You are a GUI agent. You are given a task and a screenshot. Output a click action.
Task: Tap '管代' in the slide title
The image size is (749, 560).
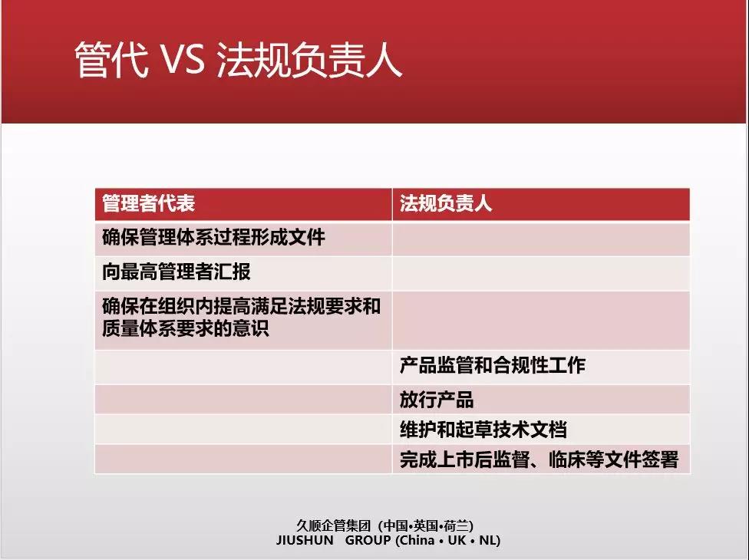[111, 60]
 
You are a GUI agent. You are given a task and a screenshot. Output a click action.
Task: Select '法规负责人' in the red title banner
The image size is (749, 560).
[309, 60]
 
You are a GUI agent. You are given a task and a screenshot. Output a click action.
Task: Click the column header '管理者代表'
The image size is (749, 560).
[149, 203]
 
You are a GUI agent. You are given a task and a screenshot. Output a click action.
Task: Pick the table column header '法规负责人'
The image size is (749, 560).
[446, 203]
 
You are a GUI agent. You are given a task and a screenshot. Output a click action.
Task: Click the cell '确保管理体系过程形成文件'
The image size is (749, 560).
[213, 237]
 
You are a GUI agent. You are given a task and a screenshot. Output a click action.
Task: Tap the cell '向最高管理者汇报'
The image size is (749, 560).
[177, 272]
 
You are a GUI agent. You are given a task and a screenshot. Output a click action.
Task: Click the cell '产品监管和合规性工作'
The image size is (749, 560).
[493, 365]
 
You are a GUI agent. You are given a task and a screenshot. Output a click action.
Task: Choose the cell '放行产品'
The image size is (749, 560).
[437, 400]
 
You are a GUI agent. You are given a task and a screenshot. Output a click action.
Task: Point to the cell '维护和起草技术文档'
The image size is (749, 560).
[483, 430]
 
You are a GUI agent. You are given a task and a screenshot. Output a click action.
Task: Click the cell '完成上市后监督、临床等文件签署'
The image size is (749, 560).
[539, 460]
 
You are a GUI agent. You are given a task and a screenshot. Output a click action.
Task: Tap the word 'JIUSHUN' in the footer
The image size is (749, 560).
[305, 540]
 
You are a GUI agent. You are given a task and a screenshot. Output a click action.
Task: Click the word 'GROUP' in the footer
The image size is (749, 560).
[368, 540]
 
